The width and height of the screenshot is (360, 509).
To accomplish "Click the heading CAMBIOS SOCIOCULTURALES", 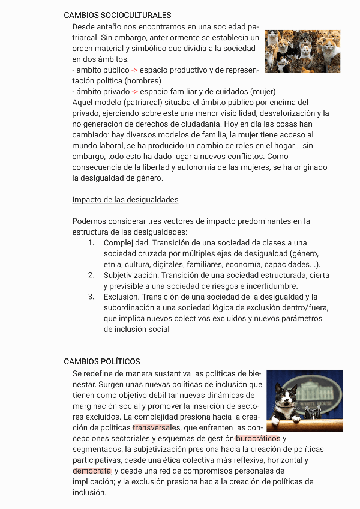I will coord(117,16).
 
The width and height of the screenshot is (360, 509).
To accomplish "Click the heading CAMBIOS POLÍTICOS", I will coord(102,361).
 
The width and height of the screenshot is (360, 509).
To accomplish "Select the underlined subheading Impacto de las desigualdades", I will coord(125,200).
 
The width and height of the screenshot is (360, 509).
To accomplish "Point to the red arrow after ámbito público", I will coord(134,70).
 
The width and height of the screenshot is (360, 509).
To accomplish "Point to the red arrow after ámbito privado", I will coord(135,92).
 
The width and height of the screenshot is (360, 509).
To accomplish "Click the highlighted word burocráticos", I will coord(258,438).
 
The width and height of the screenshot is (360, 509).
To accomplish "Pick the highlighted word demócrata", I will coord(92,471).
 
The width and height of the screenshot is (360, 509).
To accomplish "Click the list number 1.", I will coord(91,243).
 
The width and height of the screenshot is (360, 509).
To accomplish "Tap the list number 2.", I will coord(91,275).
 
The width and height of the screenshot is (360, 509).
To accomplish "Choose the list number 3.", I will coord(91,297).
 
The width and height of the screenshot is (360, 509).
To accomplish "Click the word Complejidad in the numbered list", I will coord(127,243).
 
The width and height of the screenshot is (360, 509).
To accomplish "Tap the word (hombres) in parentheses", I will coord(143,81).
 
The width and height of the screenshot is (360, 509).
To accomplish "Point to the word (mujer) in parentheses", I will coord(262,92).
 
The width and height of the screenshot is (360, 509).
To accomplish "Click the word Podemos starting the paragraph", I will coord(89,221).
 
